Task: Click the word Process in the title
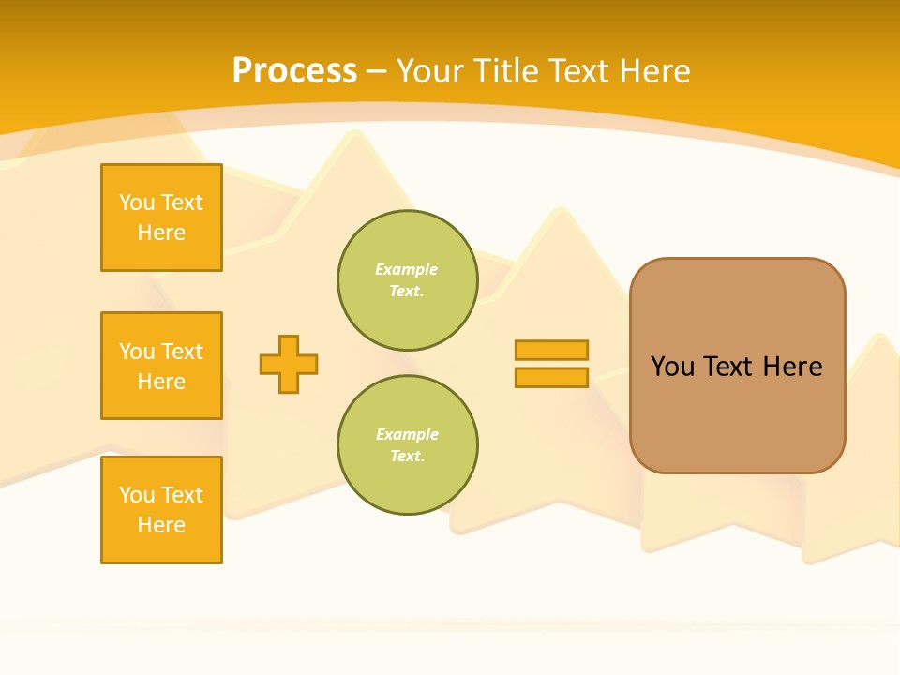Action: (294, 71)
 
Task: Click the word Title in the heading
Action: (512, 71)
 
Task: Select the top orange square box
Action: (161, 217)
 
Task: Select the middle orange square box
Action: (161, 366)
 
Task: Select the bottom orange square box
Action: (161, 510)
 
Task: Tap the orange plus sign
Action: (289, 364)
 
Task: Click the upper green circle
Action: (407, 280)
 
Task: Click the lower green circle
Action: (407, 445)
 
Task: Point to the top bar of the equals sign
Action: (551, 350)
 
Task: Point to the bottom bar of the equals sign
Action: (551, 378)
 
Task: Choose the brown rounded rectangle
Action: (737, 366)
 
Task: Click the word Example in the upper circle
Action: (407, 269)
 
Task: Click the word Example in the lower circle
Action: (407, 434)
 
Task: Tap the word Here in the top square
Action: (161, 232)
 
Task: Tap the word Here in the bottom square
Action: (161, 525)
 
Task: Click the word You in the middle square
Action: (137, 352)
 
